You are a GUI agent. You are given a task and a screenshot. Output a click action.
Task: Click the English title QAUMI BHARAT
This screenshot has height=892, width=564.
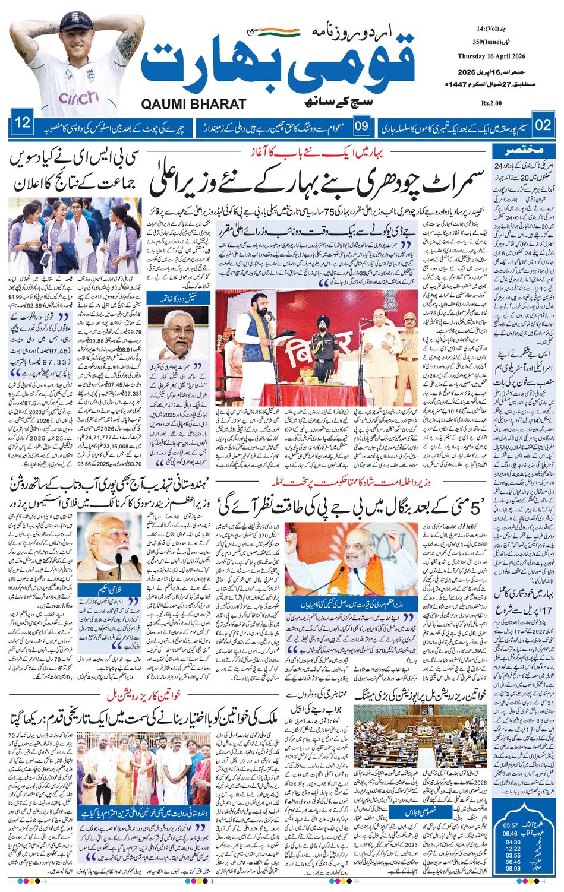coord(194,104)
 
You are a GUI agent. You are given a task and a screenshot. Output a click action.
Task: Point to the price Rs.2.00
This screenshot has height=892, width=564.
coord(492,103)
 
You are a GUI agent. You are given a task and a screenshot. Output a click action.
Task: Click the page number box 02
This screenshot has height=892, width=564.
coord(543,125)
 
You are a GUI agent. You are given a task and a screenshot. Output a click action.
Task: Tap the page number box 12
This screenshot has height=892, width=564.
coord(23,124)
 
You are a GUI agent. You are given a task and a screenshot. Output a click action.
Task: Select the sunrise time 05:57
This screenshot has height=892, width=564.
coord(509,825)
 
